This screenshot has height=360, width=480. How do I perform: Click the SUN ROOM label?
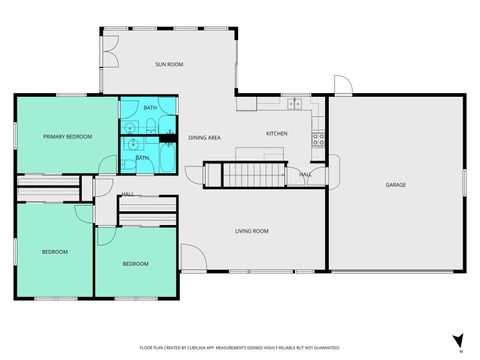point(168,64)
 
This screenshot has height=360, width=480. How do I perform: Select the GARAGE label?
point(396,185)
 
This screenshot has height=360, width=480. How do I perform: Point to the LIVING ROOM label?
point(252,231)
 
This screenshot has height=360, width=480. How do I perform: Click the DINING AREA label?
point(204,137)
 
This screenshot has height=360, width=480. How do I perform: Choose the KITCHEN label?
point(277,133)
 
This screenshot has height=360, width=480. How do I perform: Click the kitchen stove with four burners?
point(319,140)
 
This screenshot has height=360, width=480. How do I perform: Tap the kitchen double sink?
point(295,104)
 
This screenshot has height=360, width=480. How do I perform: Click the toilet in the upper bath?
point(147,126)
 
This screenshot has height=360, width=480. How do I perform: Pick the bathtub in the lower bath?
point(163,156)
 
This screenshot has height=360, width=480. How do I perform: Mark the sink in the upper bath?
point(130,127)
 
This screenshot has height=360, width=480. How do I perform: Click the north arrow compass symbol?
point(458,341)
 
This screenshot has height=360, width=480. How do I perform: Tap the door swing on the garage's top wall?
point(342,86)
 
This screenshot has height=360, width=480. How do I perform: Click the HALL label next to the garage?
point(304,174)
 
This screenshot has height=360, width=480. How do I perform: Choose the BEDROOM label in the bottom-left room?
point(54,252)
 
